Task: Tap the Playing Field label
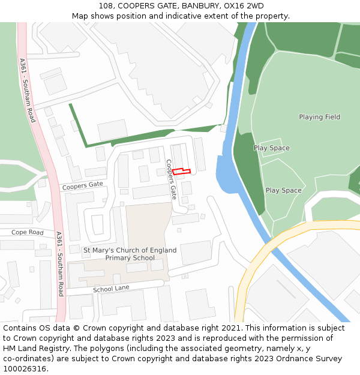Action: (x=319, y=117)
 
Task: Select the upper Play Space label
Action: (x=271, y=148)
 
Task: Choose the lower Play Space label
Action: (x=283, y=191)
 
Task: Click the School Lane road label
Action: (x=111, y=289)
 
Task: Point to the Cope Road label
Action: (x=28, y=232)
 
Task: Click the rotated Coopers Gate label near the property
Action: (x=172, y=179)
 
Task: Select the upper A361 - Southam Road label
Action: (x=27, y=91)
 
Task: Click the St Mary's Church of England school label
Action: (x=130, y=254)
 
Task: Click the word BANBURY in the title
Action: (x=199, y=6)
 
